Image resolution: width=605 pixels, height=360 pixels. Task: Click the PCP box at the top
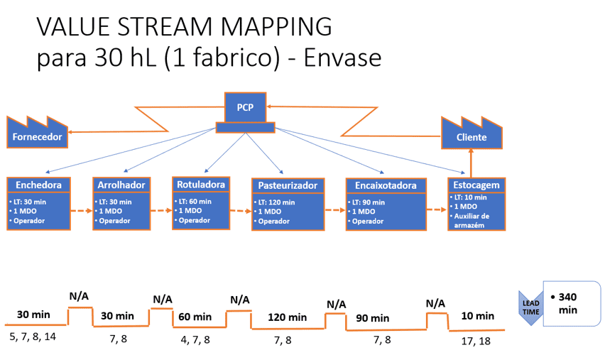point(246,107)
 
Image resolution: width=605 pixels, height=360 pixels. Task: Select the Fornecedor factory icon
point(37,132)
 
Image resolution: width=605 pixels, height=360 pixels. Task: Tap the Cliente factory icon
point(472,133)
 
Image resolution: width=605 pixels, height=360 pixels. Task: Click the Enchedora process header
point(38,185)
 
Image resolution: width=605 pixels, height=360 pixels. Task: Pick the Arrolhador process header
point(121,185)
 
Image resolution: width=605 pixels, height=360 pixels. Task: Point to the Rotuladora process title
point(201,185)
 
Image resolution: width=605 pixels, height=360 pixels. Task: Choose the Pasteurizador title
point(288,185)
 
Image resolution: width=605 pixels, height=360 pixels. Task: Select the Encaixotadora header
point(386,185)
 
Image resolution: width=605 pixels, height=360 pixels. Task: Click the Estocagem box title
point(476,185)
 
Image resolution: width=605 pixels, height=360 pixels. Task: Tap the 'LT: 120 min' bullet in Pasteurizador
point(275,202)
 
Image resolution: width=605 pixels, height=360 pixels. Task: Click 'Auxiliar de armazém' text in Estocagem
point(471,221)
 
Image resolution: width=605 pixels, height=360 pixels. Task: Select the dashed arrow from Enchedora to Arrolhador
point(82,211)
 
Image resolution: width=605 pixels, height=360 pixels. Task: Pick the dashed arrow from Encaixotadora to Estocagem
point(437,209)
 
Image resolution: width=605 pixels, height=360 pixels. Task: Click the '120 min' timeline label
point(288,317)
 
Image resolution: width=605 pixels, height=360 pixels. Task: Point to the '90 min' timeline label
point(372,318)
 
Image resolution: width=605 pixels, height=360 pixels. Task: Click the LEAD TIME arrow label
point(531,307)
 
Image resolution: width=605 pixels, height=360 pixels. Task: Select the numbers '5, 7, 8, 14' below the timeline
point(33,337)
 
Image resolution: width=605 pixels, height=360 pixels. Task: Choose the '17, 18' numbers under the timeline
point(476,341)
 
